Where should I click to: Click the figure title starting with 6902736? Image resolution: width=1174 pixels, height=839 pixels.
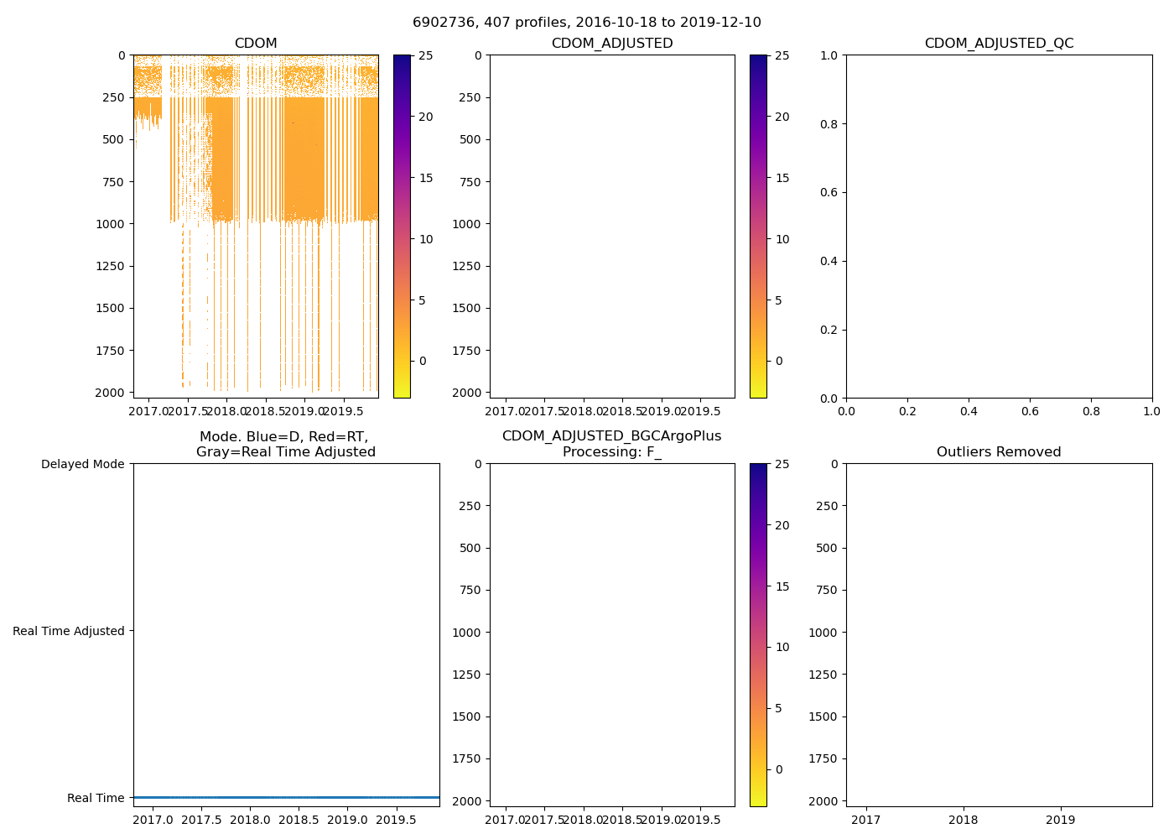(x=587, y=23)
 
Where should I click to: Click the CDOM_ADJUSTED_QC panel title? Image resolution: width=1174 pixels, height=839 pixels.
(x=999, y=44)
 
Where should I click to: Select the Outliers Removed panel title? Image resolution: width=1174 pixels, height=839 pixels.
(x=999, y=452)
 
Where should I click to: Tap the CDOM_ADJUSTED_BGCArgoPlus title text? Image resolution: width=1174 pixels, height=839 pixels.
(x=611, y=436)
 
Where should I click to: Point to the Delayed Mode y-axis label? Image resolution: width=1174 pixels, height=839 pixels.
(x=82, y=464)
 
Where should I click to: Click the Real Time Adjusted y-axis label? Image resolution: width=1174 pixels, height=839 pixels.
(x=69, y=631)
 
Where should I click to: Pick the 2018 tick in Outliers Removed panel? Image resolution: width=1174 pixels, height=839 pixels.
(x=963, y=820)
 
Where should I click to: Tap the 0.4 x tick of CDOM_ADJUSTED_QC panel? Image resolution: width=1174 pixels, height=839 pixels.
(x=969, y=411)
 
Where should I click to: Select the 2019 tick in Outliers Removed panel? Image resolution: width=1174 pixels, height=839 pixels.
(x=1061, y=820)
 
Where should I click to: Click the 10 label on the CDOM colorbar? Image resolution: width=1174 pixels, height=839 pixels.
(x=426, y=239)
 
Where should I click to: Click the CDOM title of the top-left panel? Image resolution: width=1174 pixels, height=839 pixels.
(x=256, y=44)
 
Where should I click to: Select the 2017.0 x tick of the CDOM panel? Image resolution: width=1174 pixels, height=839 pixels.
(x=148, y=411)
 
